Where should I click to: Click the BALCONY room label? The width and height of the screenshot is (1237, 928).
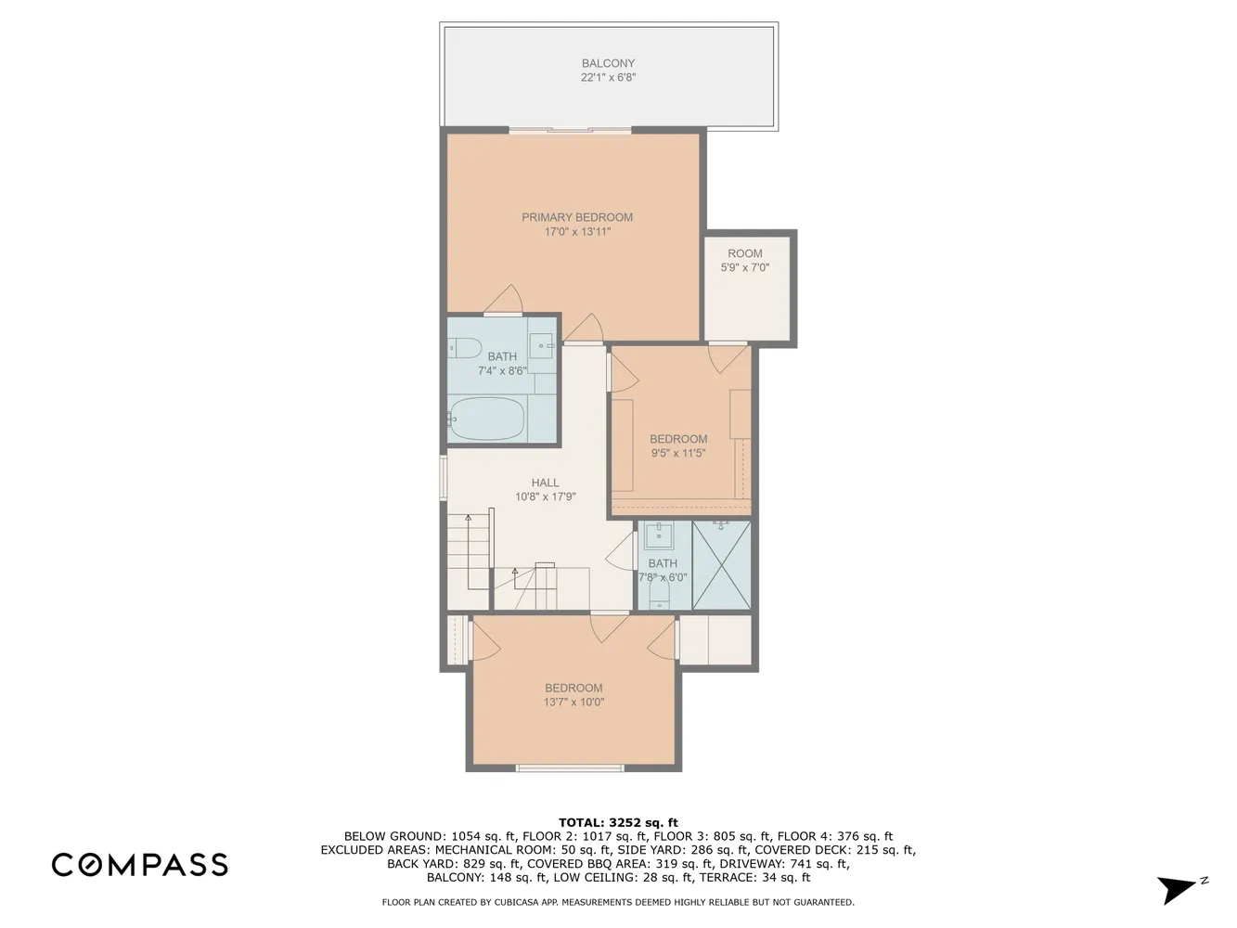coord(608,63)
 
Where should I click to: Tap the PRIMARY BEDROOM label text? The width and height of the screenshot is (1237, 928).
coord(577,217)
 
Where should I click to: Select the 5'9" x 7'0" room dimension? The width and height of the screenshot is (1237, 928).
coord(745,267)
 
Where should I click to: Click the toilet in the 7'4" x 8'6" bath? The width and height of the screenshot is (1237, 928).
coord(464,348)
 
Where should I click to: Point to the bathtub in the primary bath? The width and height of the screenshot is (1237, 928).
coord(485,419)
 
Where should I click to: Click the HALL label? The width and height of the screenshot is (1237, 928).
coord(545,483)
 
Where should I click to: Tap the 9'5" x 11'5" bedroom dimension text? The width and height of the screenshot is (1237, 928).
coord(678,453)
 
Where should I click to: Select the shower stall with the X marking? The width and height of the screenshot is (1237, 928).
coord(721,565)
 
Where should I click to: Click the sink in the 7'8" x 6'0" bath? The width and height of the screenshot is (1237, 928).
coord(658,535)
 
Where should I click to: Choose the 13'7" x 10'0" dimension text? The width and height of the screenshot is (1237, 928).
coord(573,702)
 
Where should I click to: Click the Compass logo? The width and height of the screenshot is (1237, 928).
coord(140,865)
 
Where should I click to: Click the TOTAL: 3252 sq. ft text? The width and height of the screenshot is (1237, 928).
coord(618,822)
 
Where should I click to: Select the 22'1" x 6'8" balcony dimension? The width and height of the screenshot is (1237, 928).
coord(608,77)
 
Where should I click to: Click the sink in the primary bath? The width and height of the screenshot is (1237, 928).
coord(541,345)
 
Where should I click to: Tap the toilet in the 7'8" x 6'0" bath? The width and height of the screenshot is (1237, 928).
coord(659,594)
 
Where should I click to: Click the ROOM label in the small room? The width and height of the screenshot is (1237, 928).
coord(745,253)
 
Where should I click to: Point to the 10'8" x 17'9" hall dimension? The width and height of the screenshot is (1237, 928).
coord(545,497)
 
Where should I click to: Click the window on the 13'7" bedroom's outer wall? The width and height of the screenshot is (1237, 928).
coord(571,767)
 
